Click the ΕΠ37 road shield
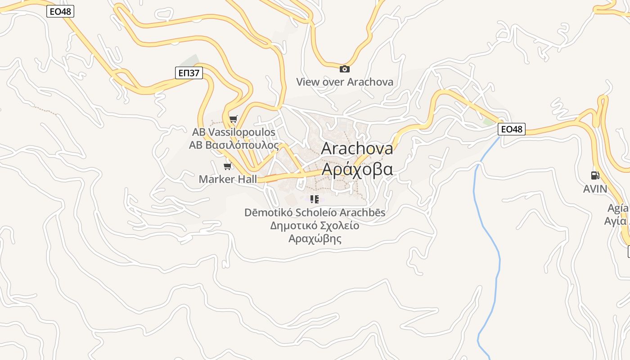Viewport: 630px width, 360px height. coord(189,72)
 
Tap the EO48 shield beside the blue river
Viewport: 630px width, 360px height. coord(512,129)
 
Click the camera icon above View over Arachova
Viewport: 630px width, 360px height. coord(344,69)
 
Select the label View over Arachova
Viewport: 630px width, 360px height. coord(344,82)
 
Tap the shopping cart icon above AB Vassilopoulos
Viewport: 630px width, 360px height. coord(233,119)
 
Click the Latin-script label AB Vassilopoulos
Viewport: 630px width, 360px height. coord(234,132)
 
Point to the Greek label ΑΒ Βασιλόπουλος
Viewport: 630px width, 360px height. coord(234,145)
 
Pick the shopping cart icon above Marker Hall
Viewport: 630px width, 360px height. coord(228,166)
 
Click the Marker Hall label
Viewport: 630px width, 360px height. coord(228,179)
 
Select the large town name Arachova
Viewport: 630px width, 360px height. coord(357,148)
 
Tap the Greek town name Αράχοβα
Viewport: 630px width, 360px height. coord(357,169)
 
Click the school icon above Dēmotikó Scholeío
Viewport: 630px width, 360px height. coord(315,199)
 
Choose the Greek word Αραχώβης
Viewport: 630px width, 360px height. coord(315,238)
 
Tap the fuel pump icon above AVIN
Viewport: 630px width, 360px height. coord(595,176)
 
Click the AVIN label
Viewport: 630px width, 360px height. coord(595,189)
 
